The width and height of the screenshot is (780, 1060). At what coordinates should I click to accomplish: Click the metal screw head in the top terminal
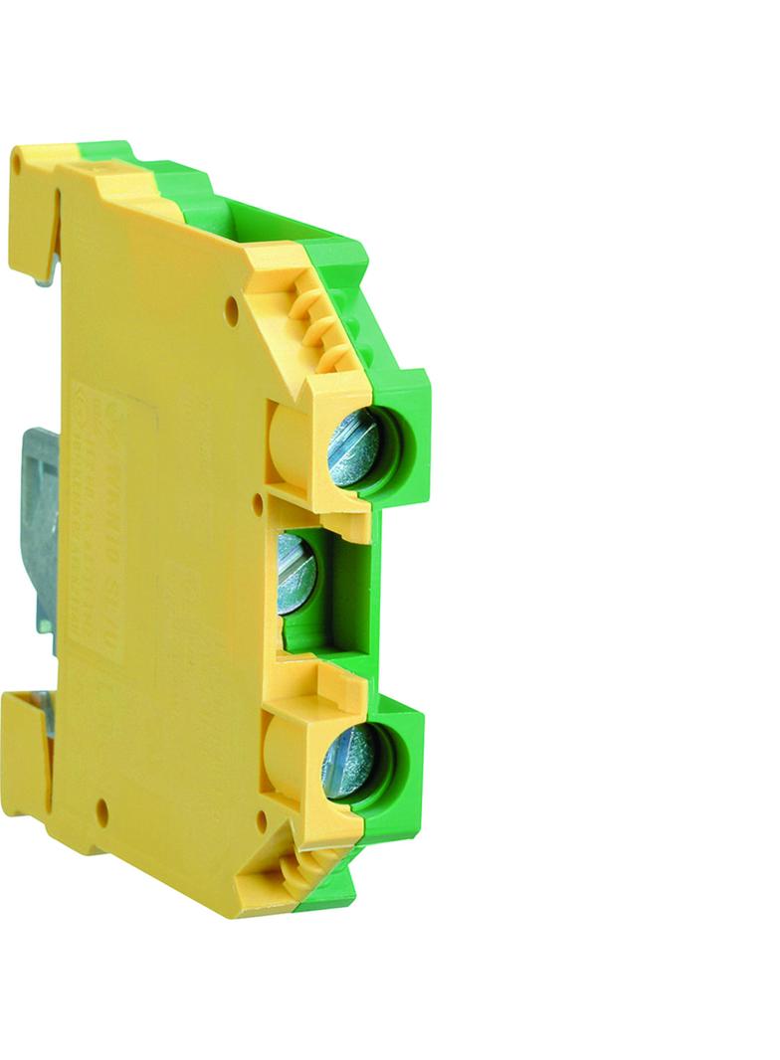[x=353, y=450]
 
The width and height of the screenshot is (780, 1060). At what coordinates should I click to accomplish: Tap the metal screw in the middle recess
[x=296, y=572]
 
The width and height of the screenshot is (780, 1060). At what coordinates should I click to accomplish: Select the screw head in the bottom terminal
[x=347, y=761]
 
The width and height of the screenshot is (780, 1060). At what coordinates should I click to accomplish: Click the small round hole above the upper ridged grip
[x=232, y=311]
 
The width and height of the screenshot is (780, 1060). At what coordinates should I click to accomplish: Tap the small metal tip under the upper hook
[x=44, y=279]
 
